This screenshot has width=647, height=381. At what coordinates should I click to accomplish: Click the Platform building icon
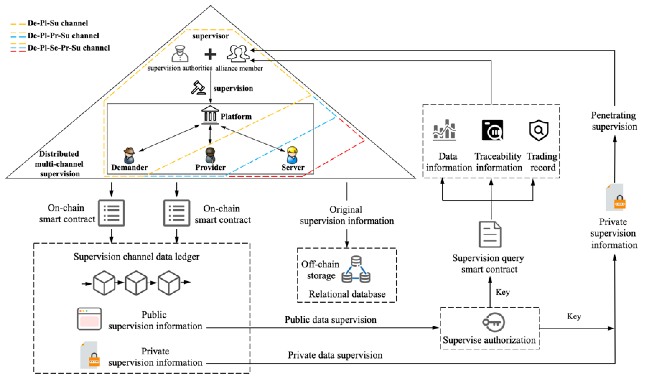pyautogui.click(x=210, y=115)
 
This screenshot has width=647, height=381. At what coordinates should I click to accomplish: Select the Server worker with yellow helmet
pyautogui.click(x=292, y=155)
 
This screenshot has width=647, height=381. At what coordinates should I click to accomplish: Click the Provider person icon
pyautogui.click(x=210, y=155)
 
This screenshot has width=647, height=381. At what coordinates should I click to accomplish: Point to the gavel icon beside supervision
pyautogui.click(x=198, y=88)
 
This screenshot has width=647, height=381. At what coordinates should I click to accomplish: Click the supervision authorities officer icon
pyautogui.click(x=180, y=54)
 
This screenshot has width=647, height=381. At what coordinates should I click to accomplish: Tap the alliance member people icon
pyautogui.click(x=238, y=53)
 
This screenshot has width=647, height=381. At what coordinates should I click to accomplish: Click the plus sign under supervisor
pyautogui.click(x=210, y=54)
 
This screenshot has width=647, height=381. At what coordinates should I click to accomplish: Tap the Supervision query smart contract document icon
pyautogui.click(x=490, y=234)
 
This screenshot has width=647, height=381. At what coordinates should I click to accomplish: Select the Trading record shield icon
pyautogui.click(x=539, y=130)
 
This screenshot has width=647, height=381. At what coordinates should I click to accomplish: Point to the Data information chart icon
pyautogui.click(x=444, y=130)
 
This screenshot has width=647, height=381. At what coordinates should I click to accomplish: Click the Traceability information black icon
pyautogui.click(x=492, y=130)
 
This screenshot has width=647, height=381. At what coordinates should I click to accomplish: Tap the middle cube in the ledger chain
pyautogui.click(x=136, y=283)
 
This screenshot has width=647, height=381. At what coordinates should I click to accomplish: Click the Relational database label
pyautogui.click(x=347, y=294)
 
